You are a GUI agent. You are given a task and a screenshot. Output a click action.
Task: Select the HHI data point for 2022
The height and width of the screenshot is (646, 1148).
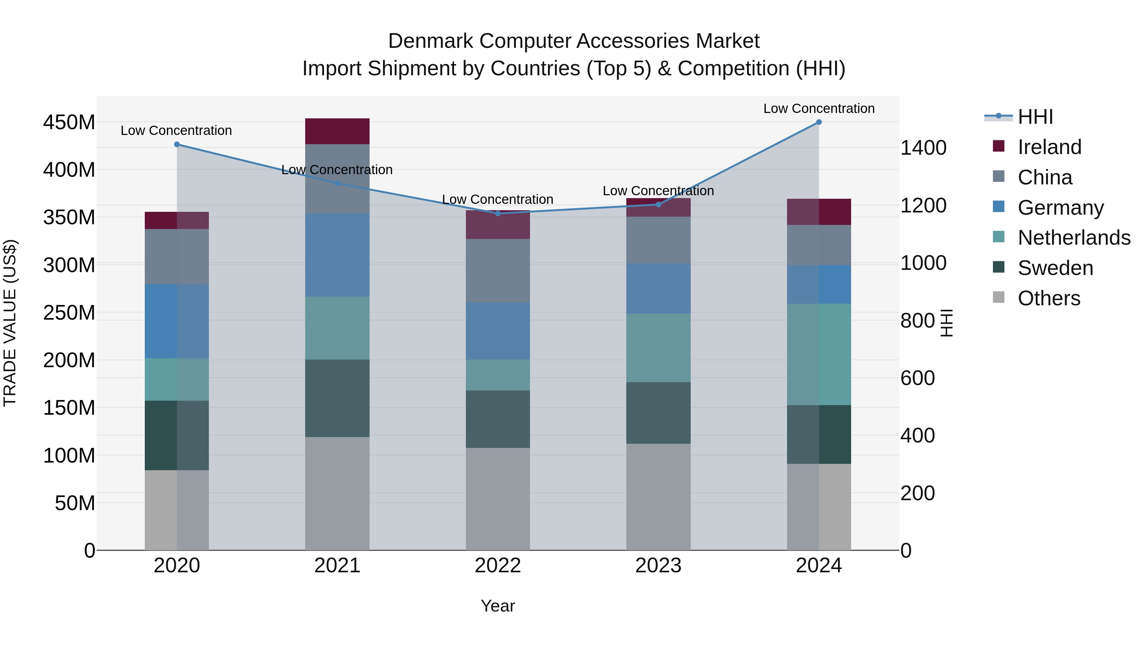click(x=498, y=213)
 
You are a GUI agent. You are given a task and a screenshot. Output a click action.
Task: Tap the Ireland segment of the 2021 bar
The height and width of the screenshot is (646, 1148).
click(x=337, y=131)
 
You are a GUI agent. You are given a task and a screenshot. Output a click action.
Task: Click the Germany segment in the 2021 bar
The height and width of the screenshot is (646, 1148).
click(x=337, y=255)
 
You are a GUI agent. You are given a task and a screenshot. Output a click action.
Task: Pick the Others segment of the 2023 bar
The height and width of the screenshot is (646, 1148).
click(x=658, y=497)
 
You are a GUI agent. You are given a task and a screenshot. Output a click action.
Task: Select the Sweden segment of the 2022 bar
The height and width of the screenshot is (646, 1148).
click(x=498, y=419)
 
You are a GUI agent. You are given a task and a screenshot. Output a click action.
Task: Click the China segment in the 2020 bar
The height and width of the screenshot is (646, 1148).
click(x=177, y=256)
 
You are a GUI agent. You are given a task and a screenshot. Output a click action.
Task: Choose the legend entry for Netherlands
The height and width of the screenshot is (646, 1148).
click(x=1074, y=238)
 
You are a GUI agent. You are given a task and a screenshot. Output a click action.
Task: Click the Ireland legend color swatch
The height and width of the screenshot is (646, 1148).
click(x=999, y=146)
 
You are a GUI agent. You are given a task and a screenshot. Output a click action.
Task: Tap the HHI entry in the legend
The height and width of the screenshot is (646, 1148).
click(x=1035, y=117)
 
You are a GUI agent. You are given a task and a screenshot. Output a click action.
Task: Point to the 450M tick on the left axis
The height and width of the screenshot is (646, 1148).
click(x=69, y=122)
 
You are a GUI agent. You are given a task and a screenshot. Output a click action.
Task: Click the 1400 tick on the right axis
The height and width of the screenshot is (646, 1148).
click(x=924, y=148)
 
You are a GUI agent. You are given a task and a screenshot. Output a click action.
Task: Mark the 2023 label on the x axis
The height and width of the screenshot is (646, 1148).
click(x=658, y=566)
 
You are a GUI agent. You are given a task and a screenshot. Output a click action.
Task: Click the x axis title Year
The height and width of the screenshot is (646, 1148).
click(x=498, y=606)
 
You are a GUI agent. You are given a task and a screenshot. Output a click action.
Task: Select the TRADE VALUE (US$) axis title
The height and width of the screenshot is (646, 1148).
click(x=10, y=323)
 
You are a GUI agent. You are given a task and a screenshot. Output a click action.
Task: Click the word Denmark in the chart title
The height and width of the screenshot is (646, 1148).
click(x=430, y=41)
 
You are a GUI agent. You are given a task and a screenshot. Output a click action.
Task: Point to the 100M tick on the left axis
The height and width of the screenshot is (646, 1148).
click(x=69, y=456)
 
